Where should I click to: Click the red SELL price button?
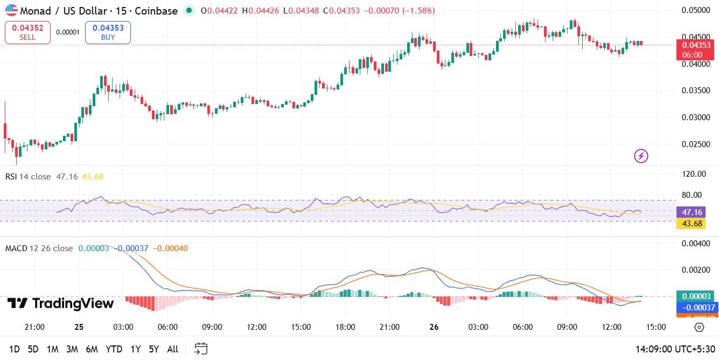coord(27,32)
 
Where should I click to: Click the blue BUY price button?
coord(108,32)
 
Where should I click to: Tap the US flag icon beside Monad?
coord(11,10)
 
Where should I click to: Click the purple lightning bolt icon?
coord(641,156)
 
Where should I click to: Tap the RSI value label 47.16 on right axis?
coord(692,212)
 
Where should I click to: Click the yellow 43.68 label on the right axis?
coord(692,223)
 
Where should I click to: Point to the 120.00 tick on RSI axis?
coord(694,174)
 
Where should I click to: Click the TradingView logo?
coord(60,303)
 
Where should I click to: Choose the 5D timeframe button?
coord(33,349)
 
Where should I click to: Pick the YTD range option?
coord(114,349)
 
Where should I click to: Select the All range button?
coord(172,349)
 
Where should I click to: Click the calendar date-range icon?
coord(201,349)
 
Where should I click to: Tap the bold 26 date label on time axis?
coord(434,327)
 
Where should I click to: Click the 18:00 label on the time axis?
coord(345,327)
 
